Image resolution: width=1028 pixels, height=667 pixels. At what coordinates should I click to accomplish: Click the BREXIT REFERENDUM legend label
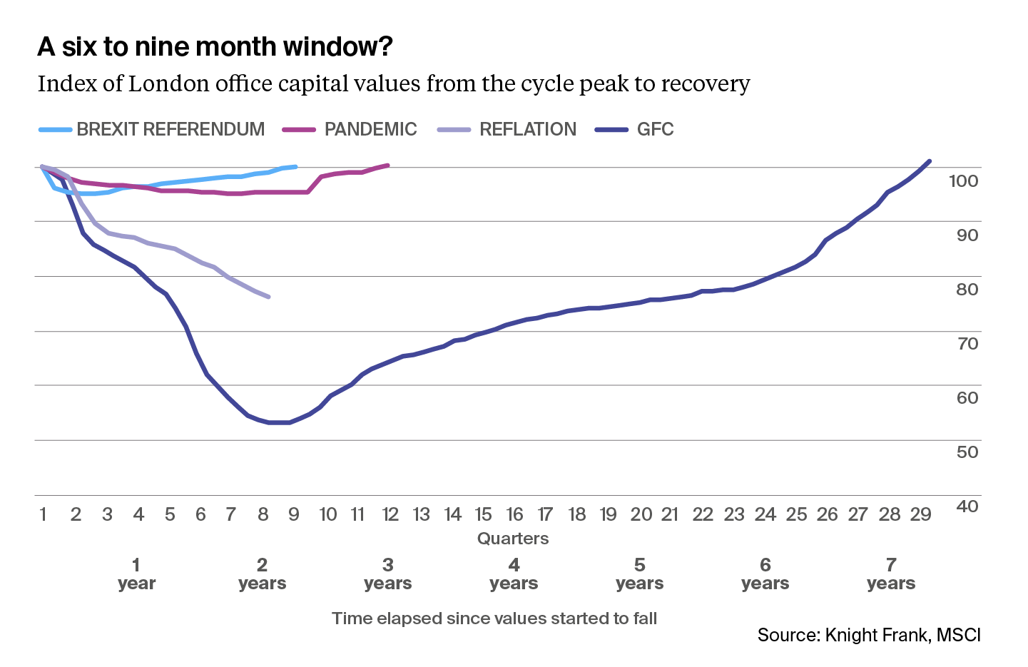pos(171,129)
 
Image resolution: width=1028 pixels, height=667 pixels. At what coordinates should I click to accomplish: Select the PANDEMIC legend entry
pos(370,129)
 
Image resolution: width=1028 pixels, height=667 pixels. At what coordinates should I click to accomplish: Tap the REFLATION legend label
pos(528,129)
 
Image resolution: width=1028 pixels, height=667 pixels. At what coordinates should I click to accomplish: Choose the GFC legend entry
pos(655,129)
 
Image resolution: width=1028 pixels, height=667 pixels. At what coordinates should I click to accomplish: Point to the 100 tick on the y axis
pos(963,181)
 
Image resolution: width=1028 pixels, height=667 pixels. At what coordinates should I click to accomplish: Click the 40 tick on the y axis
pos(967,506)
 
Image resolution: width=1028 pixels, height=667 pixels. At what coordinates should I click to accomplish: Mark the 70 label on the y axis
pos(967,343)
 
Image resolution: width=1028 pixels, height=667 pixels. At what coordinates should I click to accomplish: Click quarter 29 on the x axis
pos(920,514)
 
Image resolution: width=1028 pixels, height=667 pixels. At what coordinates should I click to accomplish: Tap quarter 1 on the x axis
pos(44,514)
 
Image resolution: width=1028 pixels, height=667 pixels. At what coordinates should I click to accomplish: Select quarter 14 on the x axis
pos(452,514)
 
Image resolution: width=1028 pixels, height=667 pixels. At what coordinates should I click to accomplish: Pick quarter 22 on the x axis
pos(703,514)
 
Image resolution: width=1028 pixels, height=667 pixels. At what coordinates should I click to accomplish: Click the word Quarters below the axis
pos(513,539)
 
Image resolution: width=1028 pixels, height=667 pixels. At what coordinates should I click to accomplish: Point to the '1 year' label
pos(136,574)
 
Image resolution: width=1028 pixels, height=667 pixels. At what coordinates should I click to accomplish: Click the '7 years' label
pos(891,574)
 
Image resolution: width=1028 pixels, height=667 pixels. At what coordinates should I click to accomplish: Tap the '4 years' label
pos(514,574)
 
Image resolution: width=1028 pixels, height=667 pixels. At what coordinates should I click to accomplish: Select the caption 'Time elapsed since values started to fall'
pos(494,618)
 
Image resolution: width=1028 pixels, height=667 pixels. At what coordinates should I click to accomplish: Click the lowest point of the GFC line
pos(278,422)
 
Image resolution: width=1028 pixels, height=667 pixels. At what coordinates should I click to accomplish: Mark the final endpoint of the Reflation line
pos(268,297)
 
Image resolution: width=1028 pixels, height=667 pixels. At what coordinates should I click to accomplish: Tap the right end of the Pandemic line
pos(388,165)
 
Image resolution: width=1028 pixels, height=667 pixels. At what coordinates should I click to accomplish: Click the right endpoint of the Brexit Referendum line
pos(295,166)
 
